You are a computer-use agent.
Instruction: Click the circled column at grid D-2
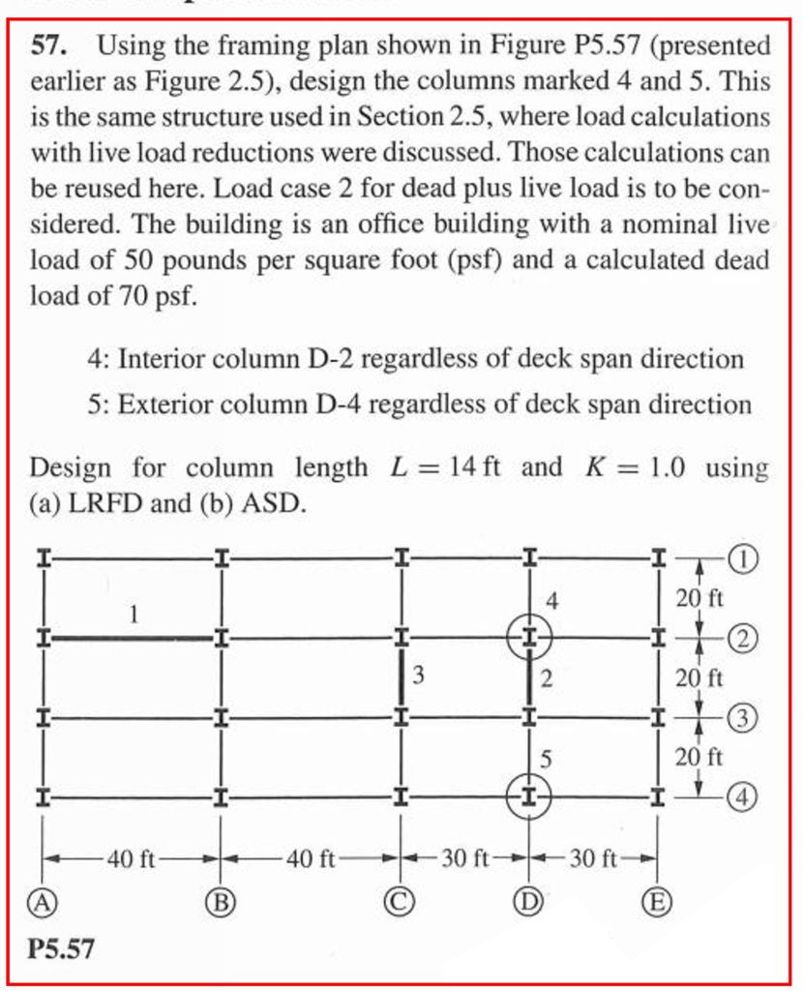click(x=528, y=637)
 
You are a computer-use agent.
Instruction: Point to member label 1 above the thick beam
click(x=134, y=614)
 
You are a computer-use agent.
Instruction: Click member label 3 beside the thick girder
click(x=418, y=676)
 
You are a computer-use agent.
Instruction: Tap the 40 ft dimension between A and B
click(x=132, y=858)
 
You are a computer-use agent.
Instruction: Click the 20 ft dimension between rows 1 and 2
click(x=699, y=598)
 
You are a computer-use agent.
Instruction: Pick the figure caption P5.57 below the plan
click(x=62, y=948)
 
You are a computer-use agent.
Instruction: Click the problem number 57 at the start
click(x=47, y=45)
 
